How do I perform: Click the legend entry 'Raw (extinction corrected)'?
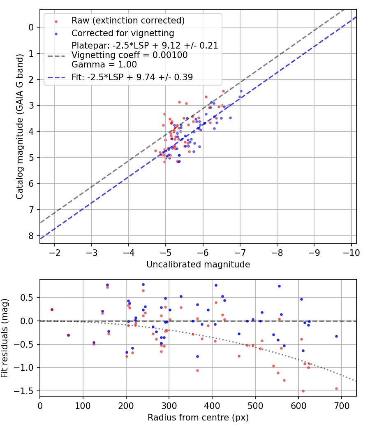pos(128,21)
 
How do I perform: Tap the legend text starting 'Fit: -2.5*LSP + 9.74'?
pos(132,77)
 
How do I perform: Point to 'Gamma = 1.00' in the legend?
pos(104,65)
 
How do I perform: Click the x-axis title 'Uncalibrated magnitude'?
pos(198,265)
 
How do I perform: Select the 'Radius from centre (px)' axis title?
pos(198,418)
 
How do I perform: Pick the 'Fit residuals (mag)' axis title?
pos(6,337)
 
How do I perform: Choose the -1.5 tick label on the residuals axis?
pos(27,391)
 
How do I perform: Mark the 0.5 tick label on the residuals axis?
pos(29,297)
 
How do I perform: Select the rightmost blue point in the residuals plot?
pos(336,336)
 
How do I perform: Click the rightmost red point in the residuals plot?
pos(336,388)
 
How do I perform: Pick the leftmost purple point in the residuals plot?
pos(52,309)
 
